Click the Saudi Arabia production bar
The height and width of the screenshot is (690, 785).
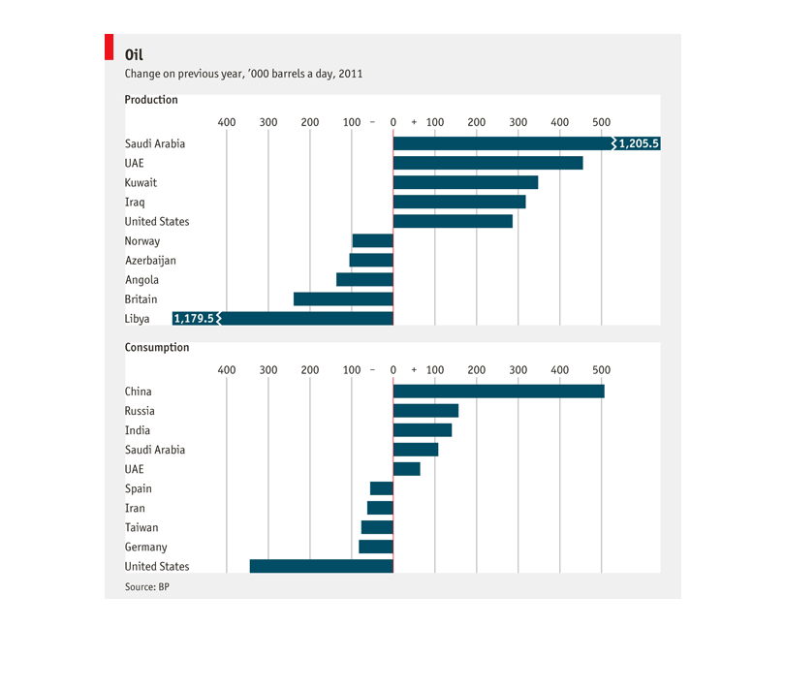pos(526,143)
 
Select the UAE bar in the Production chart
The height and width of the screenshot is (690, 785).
pos(488,163)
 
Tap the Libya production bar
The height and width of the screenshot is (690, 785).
pos(283,319)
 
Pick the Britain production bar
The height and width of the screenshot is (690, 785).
pos(343,298)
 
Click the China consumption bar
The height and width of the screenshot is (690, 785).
pos(499,392)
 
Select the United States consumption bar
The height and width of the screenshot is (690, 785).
pos(322,566)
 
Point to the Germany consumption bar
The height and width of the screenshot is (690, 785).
pos(376,547)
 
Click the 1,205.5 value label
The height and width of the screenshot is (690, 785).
pos(639,143)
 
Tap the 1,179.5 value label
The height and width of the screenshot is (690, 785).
pos(194,319)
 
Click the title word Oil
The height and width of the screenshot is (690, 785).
pos(134,54)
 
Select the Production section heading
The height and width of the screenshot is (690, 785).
pos(151,100)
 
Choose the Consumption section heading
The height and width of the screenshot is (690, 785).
pos(157,347)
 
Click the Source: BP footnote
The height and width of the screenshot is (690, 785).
pos(147,587)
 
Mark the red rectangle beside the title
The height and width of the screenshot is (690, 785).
pos(110,47)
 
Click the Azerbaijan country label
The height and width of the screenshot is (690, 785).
pos(150,261)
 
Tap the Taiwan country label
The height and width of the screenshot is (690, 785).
pos(141,527)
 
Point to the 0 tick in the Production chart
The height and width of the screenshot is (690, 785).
pos(393,122)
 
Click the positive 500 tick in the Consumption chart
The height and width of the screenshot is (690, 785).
pos(601,370)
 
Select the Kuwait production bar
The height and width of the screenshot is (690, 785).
pos(465,182)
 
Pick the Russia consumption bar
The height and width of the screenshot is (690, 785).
pos(426,411)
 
